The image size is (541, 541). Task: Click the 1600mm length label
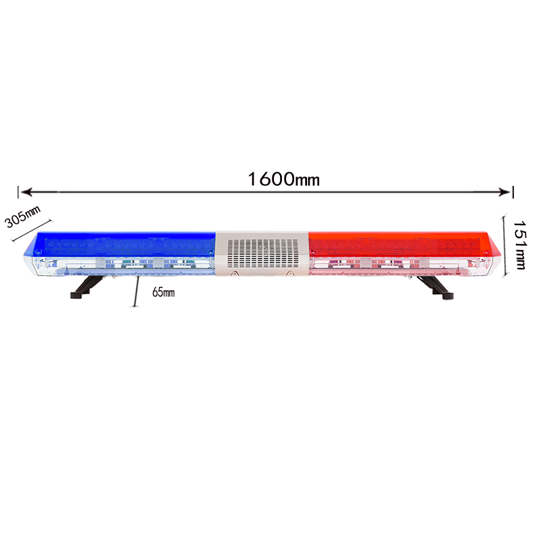point(283,179)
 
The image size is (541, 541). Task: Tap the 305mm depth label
point(22,216)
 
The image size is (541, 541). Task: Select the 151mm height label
point(520,245)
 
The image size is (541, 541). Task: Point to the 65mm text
point(164,292)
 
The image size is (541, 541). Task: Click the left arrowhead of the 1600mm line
point(26,192)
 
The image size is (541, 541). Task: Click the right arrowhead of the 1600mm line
point(504,192)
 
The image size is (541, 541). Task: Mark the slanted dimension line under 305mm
point(32,230)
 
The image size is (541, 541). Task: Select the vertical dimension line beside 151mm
point(504,245)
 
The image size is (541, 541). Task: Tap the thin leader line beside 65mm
point(136,291)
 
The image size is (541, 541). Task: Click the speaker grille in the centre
point(263,253)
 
